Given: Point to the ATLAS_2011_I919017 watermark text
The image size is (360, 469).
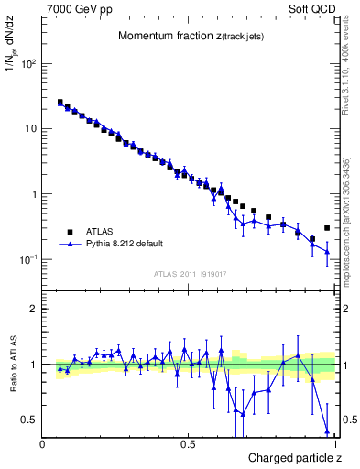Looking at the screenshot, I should tap(190, 273).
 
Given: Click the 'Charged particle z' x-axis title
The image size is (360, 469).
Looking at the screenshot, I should tap(290, 457).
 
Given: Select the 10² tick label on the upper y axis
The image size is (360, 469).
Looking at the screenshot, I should tap(28, 64).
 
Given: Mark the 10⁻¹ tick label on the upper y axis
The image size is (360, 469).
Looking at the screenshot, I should tap(28, 260).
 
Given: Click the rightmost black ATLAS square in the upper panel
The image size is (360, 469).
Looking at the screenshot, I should tap(327, 228).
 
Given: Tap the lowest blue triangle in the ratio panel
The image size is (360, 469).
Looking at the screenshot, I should tap(327, 431).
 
